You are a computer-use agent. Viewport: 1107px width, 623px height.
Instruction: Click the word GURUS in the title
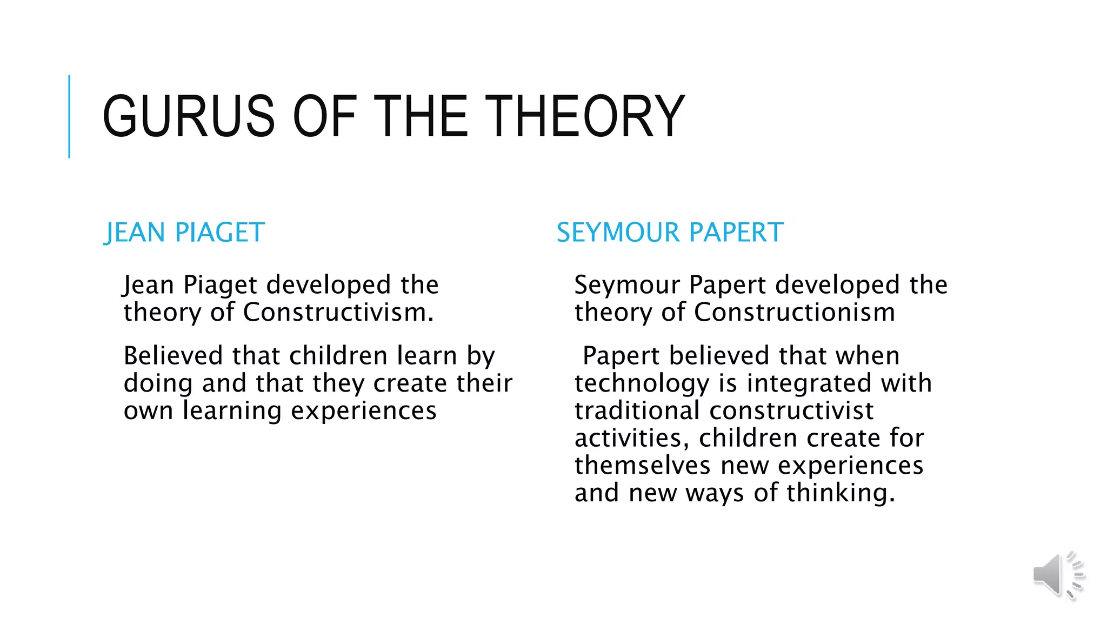189,116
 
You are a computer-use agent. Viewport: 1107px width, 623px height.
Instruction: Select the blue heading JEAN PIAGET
184,233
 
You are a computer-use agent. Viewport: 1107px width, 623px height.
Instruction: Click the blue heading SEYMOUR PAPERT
670,233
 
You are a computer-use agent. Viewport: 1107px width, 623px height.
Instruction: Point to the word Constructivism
338,313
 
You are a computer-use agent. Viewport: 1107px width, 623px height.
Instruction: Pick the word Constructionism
794,313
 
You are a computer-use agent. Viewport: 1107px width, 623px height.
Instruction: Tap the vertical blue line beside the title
69,116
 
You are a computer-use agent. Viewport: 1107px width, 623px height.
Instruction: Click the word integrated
809,383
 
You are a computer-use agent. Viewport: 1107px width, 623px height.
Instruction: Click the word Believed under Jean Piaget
173,356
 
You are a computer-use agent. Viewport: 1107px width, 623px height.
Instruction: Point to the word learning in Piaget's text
232,411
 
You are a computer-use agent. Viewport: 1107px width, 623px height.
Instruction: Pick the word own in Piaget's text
148,411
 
